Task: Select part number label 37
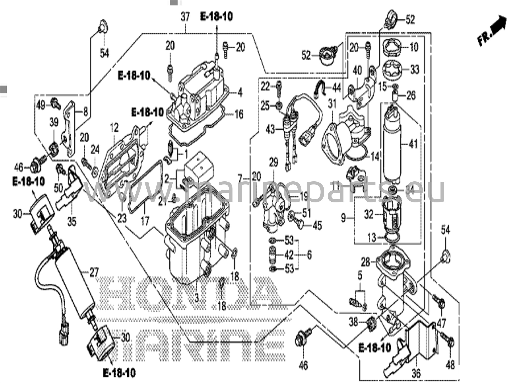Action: (x=185, y=17)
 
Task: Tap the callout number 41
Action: (x=413, y=145)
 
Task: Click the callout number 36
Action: (x=416, y=373)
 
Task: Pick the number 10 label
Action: (x=414, y=47)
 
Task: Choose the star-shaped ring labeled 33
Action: (x=392, y=70)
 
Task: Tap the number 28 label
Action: (x=365, y=262)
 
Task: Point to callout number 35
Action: (x=72, y=221)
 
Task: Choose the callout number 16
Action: (x=239, y=114)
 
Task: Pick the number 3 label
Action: (x=196, y=298)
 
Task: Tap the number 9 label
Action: (x=343, y=218)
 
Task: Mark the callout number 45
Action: (x=317, y=226)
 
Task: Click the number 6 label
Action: (x=309, y=255)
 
